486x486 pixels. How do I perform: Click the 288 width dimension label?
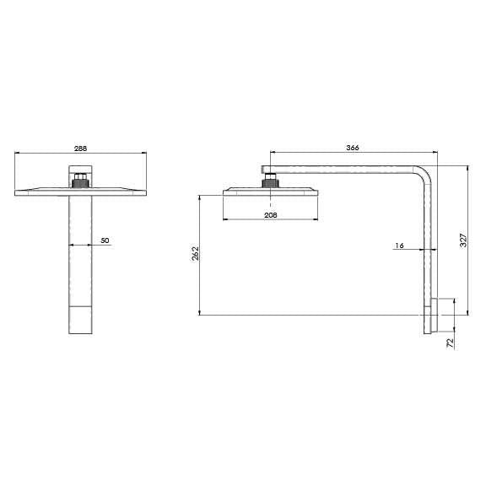coord(81,148)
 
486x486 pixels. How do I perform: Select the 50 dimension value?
coord(105,240)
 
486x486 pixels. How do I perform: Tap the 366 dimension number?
coord(353,148)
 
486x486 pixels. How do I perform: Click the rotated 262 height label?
coord(194,254)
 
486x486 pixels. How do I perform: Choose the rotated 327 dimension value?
coord(462,240)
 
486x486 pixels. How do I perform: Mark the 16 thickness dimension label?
coord(399,246)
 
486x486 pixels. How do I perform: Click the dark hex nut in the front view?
coord(80,180)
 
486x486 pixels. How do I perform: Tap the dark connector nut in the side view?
coord(269,180)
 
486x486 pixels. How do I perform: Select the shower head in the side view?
coord(269,192)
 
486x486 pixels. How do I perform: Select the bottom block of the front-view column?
coord(80,319)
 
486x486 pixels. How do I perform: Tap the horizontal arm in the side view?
coord(346,170)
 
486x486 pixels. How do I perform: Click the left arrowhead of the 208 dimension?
coord(224,221)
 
